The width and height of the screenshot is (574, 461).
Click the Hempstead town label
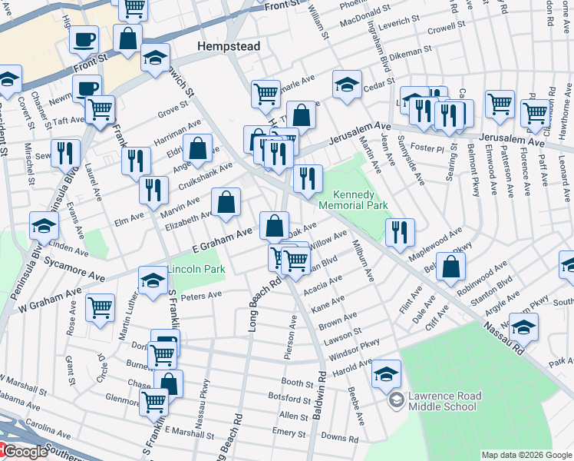229,46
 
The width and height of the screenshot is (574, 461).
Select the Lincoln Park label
196,270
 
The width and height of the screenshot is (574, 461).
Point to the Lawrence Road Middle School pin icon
396,400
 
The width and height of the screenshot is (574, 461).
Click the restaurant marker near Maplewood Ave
399,233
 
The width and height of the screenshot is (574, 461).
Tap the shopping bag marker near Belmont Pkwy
453,266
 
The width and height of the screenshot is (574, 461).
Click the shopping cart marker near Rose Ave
100,308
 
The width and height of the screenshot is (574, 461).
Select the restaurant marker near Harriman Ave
136,161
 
